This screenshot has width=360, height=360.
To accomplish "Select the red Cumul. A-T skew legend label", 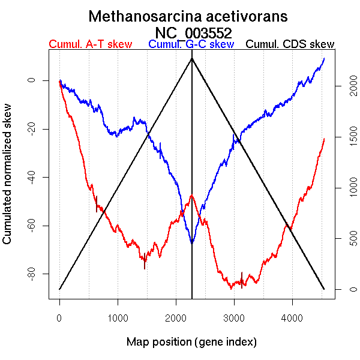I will (90, 44).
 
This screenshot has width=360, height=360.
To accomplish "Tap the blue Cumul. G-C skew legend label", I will (191, 44).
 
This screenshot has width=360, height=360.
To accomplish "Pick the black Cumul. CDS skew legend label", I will (290, 44).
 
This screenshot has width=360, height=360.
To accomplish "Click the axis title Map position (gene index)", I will (191, 342).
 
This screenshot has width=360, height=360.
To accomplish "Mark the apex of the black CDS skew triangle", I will (192, 58).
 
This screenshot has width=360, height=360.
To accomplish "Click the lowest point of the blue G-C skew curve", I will (191, 243).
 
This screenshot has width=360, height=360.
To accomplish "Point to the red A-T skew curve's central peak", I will (191, 196).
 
